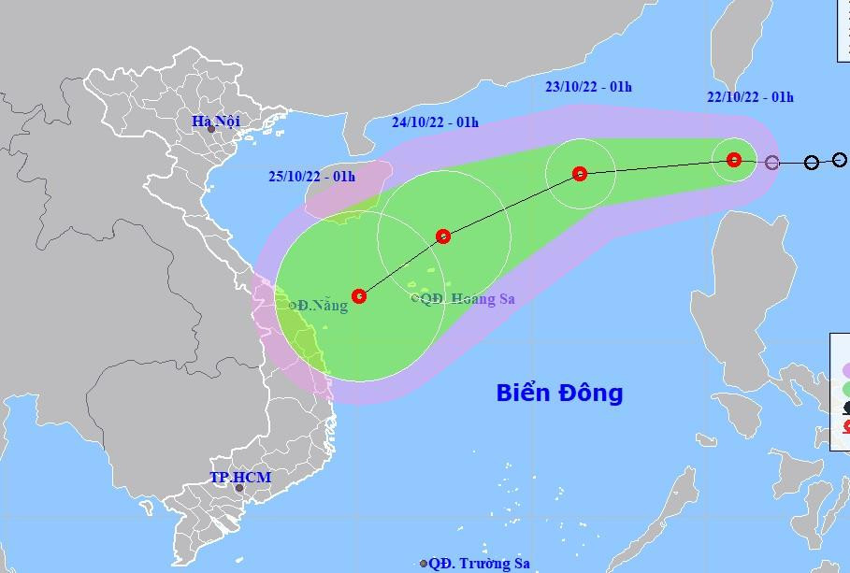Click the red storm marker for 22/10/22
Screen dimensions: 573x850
pyautogui.click(x=734, y=160)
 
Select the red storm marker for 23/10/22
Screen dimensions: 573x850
pyautogui.click(x=580, y=173)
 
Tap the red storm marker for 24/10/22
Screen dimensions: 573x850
pyautogui.click(x=443, y=236)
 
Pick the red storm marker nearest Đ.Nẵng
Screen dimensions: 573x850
pyautogui.click(x=359, y=296)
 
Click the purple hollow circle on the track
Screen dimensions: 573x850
pyautogui.click(x=771, y=163)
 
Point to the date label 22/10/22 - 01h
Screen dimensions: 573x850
pyautogui.click(x=750, y=97)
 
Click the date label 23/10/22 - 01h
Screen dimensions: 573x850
pyautogui.click(x=588, y=88)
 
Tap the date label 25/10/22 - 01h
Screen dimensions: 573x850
pyautogui.click(x=311, y=177)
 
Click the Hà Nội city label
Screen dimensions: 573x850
pyautogui.click(x=215, y=121)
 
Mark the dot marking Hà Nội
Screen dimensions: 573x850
pyautogui.click(x=211, y=129)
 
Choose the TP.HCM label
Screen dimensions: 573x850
pyautogui.click(x=240, y=478)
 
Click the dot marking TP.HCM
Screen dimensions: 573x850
pyautogui.click(x=238, y=488)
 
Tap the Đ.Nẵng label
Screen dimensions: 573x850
pyautogui.click(x=322, y=306)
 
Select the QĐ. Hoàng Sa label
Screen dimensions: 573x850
pyautogui.click(x=468, y=299)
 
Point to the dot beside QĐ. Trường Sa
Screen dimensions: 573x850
pyautogui.click(x=424, y=564)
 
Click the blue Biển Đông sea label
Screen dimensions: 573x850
pyautogui.click(x=559, y=393)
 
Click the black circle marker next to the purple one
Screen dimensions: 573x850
pyautogui.click(x=812, y=163)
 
